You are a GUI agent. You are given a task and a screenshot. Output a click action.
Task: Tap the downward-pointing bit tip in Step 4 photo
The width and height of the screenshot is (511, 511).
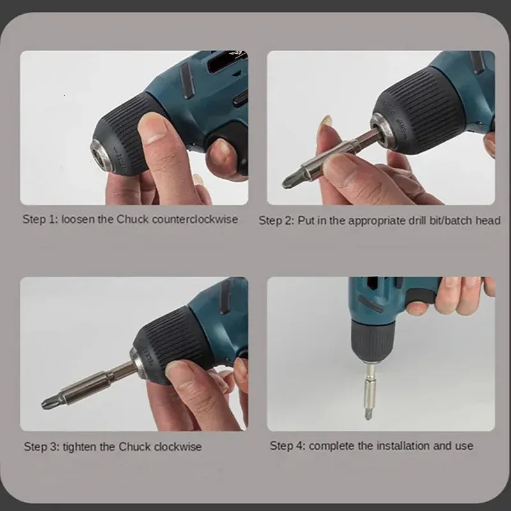tap(369, 415)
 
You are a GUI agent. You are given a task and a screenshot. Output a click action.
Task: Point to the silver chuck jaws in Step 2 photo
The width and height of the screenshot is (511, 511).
tap(384, 130)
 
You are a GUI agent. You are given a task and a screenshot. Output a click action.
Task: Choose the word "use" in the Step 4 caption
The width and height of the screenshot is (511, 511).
tap(465, 446)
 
